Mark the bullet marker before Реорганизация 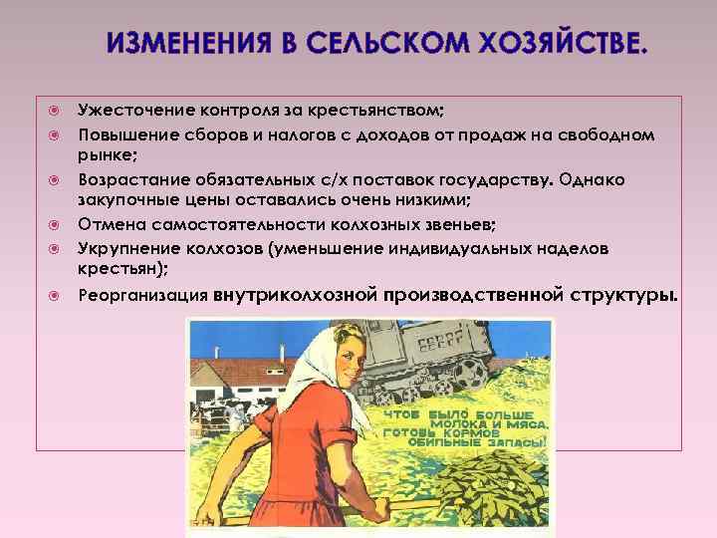[57, 296]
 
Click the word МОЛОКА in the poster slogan [457, 423]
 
